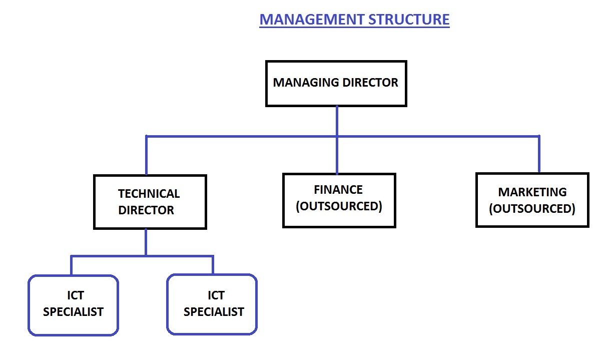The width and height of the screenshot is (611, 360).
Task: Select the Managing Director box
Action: (x=336, y=95)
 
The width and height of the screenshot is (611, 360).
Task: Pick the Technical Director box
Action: (x=150, y=220)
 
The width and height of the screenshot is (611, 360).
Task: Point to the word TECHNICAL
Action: (x=149, y=194)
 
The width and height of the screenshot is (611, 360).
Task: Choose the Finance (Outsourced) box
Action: (x=339, y=218)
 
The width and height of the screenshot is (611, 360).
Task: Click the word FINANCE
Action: (x=338, y=190)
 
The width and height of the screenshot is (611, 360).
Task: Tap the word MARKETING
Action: (x=532, y=192)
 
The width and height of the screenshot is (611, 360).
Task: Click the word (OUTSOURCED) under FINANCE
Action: (x=339, y=206)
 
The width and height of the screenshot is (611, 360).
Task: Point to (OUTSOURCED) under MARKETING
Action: (x=532, y=208)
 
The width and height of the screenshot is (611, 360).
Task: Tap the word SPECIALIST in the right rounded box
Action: (x=214, y=312)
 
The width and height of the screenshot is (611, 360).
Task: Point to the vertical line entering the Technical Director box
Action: (x=146, y=155)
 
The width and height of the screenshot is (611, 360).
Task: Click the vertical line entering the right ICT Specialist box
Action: (x=213, y=265)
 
